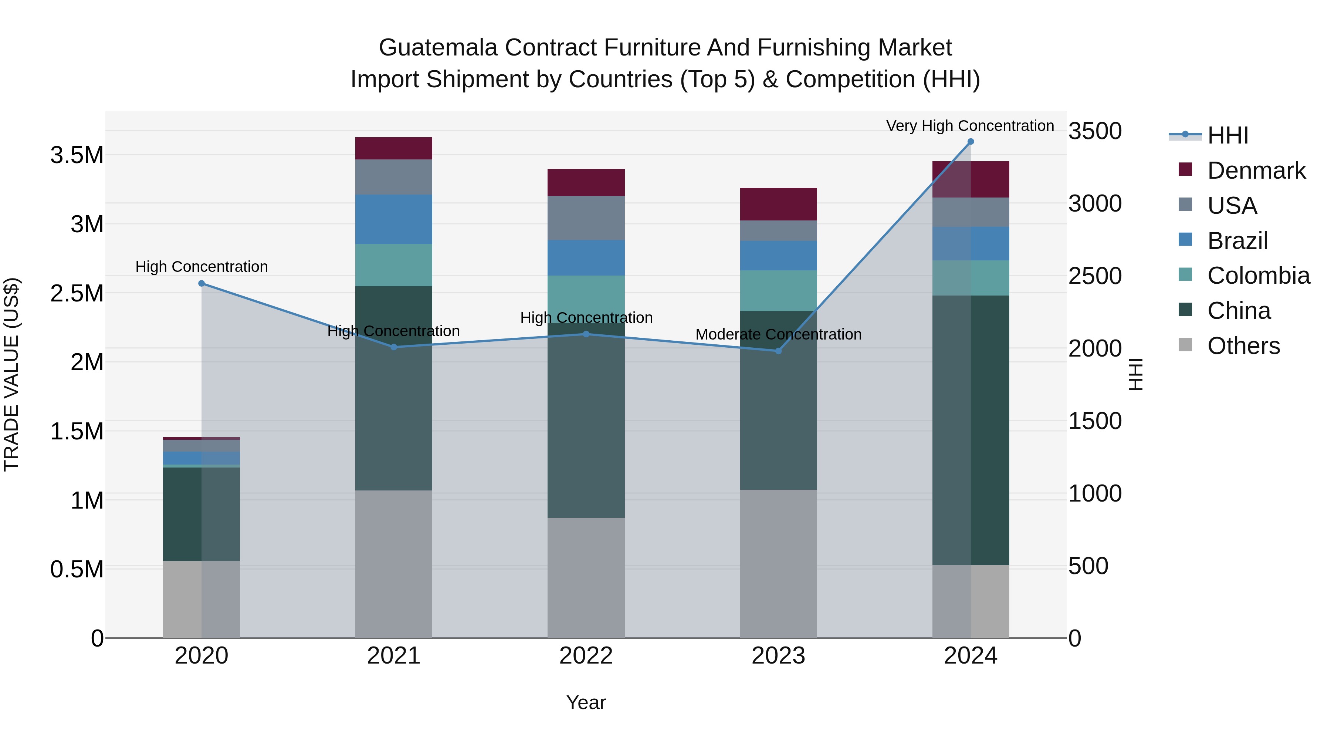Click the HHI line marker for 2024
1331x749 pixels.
[971, 142]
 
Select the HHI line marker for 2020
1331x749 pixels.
[201, 283]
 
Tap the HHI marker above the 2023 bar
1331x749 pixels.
[778, 351]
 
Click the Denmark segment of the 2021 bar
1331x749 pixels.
[394, 148]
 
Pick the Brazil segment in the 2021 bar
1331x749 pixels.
[394, 219]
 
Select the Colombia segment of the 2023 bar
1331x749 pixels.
[778, 290]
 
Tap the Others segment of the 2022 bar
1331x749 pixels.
[586, 577]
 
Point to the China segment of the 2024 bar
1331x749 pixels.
[971, 430]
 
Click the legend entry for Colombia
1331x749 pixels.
[1258, 276]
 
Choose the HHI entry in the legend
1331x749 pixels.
[1227, 135]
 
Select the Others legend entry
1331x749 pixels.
[1243, 346]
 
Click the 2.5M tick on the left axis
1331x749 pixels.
[77, 293]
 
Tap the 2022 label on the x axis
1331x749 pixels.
[586, 656]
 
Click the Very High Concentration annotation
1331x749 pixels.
[970, 126]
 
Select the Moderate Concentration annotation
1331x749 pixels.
[778, 334]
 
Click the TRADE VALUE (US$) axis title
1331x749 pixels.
[12, 374]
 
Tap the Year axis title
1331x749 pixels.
[586, 702]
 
